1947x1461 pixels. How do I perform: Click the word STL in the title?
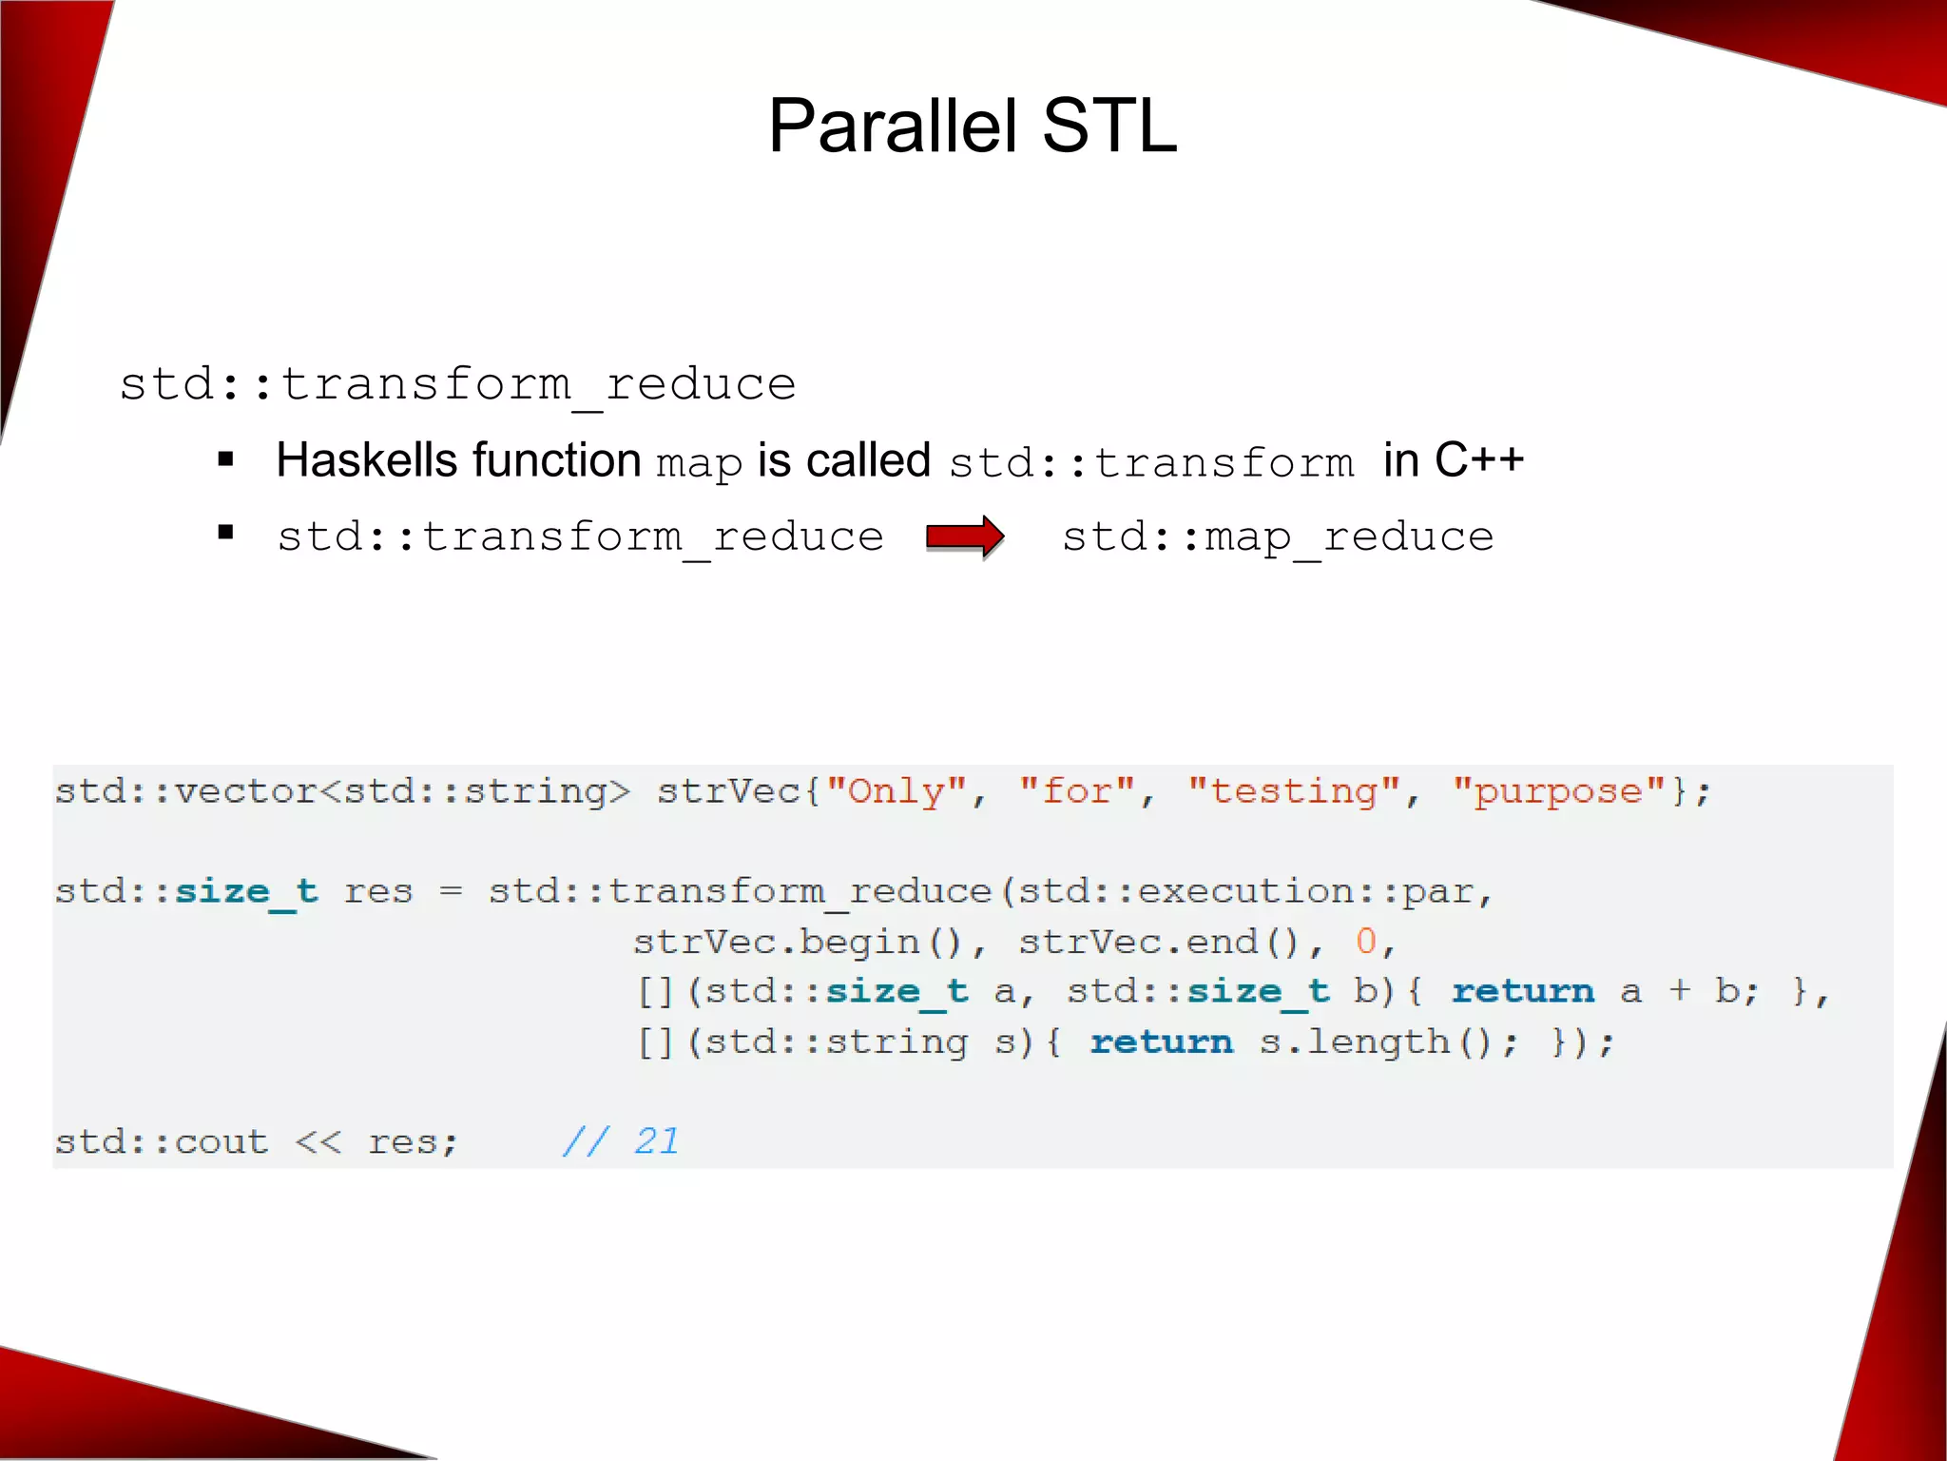click(1109, 126)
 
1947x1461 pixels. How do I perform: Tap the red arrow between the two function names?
click(964, 537)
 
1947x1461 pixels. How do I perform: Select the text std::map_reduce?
click(1277, 537)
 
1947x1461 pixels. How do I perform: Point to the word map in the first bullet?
click(699, 464)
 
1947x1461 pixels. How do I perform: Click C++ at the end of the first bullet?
click(1478, 460)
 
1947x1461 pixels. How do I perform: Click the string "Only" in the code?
click(896, 791)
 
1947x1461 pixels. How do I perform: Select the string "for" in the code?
click(1077, 791)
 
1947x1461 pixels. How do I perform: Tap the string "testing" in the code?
click(1294, 791)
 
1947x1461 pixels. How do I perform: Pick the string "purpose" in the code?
click(1559, 791)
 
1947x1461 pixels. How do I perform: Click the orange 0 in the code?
click(1365, 942)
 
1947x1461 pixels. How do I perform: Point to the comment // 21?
click(621, 1140)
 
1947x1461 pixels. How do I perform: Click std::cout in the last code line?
click(162, 1141)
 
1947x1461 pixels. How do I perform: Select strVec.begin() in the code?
click(798, 942)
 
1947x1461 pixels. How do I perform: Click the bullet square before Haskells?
click(225, 460)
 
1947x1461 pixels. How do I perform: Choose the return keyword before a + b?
click(1522, 992)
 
